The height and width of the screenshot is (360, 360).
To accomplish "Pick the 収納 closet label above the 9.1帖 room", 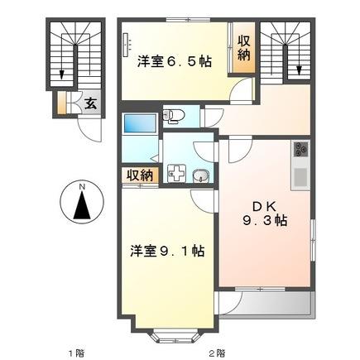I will pyautogui.click(x=140, y=175).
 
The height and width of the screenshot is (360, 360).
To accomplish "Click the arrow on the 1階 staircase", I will pyautogui.click(x=63, y=74).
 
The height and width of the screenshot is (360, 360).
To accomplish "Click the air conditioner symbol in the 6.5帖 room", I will pyautogui.click(x=127, y=46).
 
